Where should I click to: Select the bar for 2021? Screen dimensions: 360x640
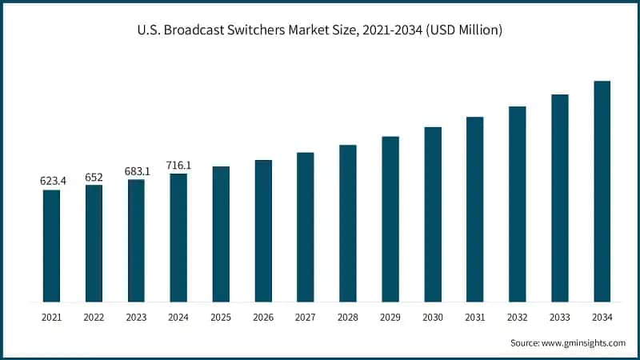click(51, 246)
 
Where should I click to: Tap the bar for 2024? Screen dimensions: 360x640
click(178, 238)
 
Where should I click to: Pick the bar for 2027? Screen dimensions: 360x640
click(306, 227)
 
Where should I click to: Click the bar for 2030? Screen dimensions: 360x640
click(433, 214)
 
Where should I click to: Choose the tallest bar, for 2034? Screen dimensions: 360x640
click(602, 191)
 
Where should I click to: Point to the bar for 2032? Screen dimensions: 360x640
click(518, 204)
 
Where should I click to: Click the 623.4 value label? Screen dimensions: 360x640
click(53, 182)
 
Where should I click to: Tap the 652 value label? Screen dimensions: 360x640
click(94, 177)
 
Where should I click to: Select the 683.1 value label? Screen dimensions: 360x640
click(138, 171)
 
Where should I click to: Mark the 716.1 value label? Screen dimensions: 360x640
click(178, 165)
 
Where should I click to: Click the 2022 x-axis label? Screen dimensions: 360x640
click(94, 318)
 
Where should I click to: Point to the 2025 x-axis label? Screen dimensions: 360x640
click(221, 318)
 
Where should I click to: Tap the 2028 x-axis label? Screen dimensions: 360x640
click(348, 318)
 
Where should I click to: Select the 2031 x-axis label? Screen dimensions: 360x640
click(475, 318)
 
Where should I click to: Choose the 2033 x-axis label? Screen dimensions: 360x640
click(560, 318)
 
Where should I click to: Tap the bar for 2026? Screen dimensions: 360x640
click(263, 231)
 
